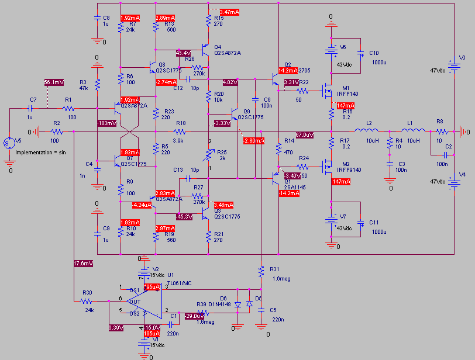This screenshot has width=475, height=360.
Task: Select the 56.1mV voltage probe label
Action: tap(54, 82)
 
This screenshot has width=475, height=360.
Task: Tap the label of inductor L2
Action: tap(370, 123)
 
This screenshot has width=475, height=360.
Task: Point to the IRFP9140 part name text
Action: tap(349, 169)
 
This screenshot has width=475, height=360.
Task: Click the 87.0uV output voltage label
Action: tap(305, 135)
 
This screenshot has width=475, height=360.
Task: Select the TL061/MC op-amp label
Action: tap(180, 283)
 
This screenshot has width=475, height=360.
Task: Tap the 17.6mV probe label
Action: tap(83, 263)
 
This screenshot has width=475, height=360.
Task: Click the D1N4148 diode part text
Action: tap(224, 304)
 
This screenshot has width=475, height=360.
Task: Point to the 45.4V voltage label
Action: tap(183, 53)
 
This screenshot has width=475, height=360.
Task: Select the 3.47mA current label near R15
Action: tap(229, 12)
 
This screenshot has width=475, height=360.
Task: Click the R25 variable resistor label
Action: tap(222, 152)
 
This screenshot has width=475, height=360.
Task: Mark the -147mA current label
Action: tap(340, 182)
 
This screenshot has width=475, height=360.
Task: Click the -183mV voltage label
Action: tap(107, 123)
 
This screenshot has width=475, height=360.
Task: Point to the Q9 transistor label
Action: tap(247, 110)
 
